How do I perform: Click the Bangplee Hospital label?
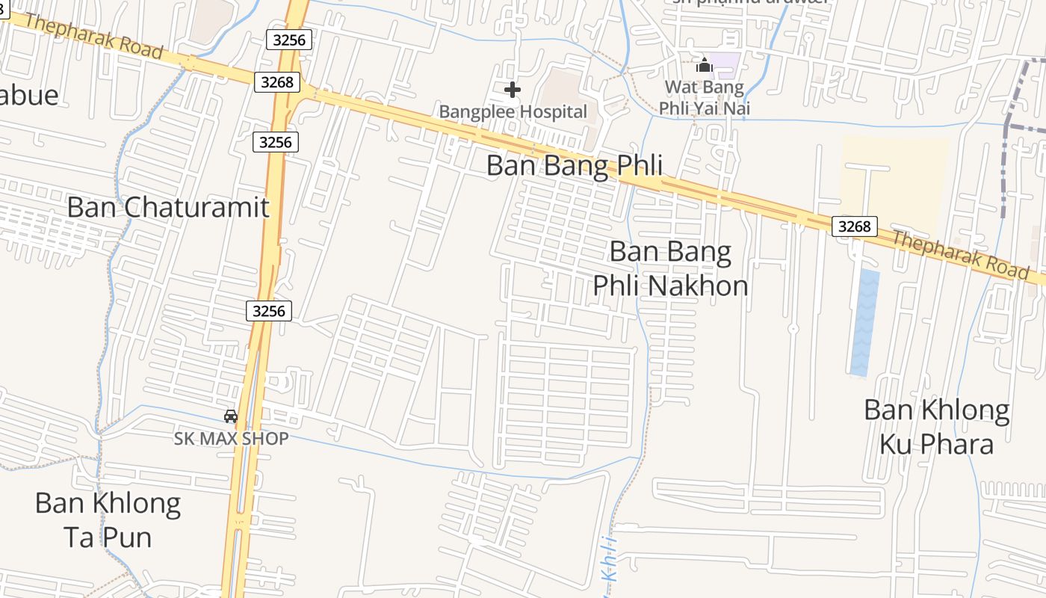513,112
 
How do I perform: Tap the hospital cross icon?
512,90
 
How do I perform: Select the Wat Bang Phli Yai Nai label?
704,97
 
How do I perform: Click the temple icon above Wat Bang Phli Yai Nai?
704,66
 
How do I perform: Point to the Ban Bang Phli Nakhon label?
670,268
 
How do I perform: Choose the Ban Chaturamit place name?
167,207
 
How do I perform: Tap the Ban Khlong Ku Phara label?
936,427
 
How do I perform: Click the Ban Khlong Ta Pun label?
108,520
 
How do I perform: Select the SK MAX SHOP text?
231,439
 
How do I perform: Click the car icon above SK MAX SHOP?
231,416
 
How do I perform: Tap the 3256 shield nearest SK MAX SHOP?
269,310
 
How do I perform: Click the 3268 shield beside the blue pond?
854,226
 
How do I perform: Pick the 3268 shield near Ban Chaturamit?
276,81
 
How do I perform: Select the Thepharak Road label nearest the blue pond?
960,254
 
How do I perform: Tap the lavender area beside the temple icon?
725,64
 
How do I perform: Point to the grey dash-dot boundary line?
1016,127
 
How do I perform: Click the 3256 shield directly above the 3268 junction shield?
289,40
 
